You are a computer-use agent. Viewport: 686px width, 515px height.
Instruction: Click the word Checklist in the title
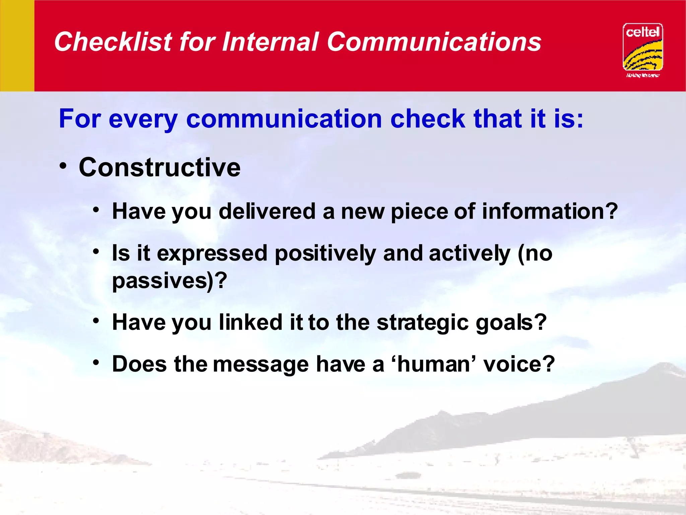tap(113, 42)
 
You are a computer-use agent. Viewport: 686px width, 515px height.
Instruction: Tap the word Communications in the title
tap(434, 42)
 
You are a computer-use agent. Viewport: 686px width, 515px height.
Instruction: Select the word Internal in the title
tap(270, 42)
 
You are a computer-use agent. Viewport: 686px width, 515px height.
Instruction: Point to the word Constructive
tap(159, 167)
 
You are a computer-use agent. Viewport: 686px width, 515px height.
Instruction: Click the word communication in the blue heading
tap(284, 119)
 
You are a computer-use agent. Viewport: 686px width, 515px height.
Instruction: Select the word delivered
tap(267, 212)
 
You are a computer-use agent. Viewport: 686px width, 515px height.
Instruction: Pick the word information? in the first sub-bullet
tap(549, 212)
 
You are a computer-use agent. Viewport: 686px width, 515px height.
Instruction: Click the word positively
tap(325, 254)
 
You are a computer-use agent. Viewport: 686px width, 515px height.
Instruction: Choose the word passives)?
tap(169, 281)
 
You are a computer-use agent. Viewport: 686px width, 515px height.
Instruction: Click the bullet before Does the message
tap(96, 362)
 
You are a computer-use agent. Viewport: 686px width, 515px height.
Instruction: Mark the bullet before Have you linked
tap(96, 321)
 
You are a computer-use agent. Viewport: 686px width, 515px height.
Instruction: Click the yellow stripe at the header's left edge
tap(17, 46)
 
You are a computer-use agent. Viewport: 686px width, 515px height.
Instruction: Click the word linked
tap(251, 322)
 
